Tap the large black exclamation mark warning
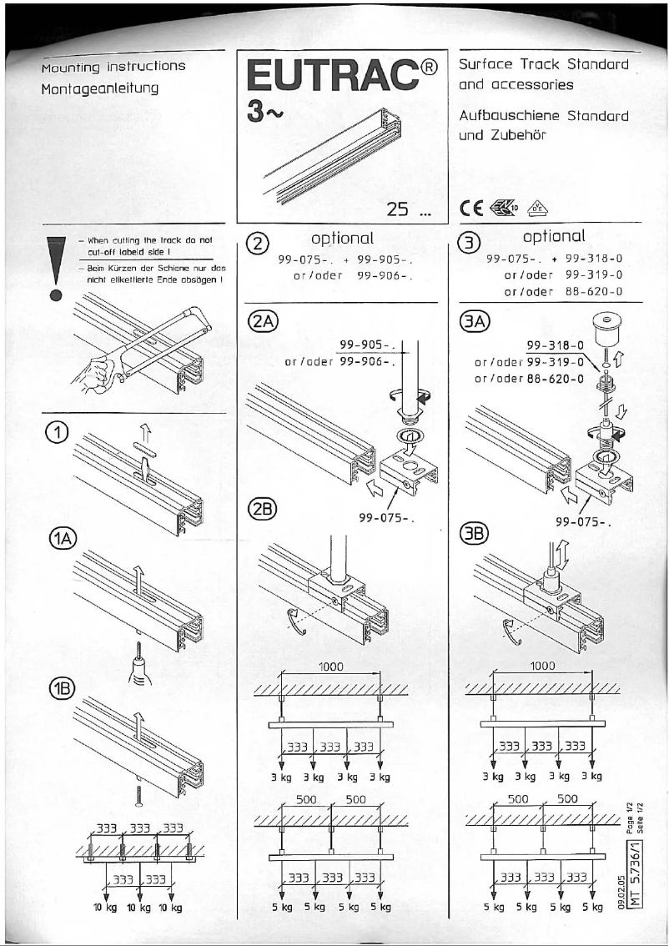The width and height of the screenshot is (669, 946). point(56,267)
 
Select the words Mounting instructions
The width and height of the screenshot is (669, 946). point(114,66)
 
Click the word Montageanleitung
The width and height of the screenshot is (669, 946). point(103,87)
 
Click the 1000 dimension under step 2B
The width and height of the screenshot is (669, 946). point(332,667)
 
